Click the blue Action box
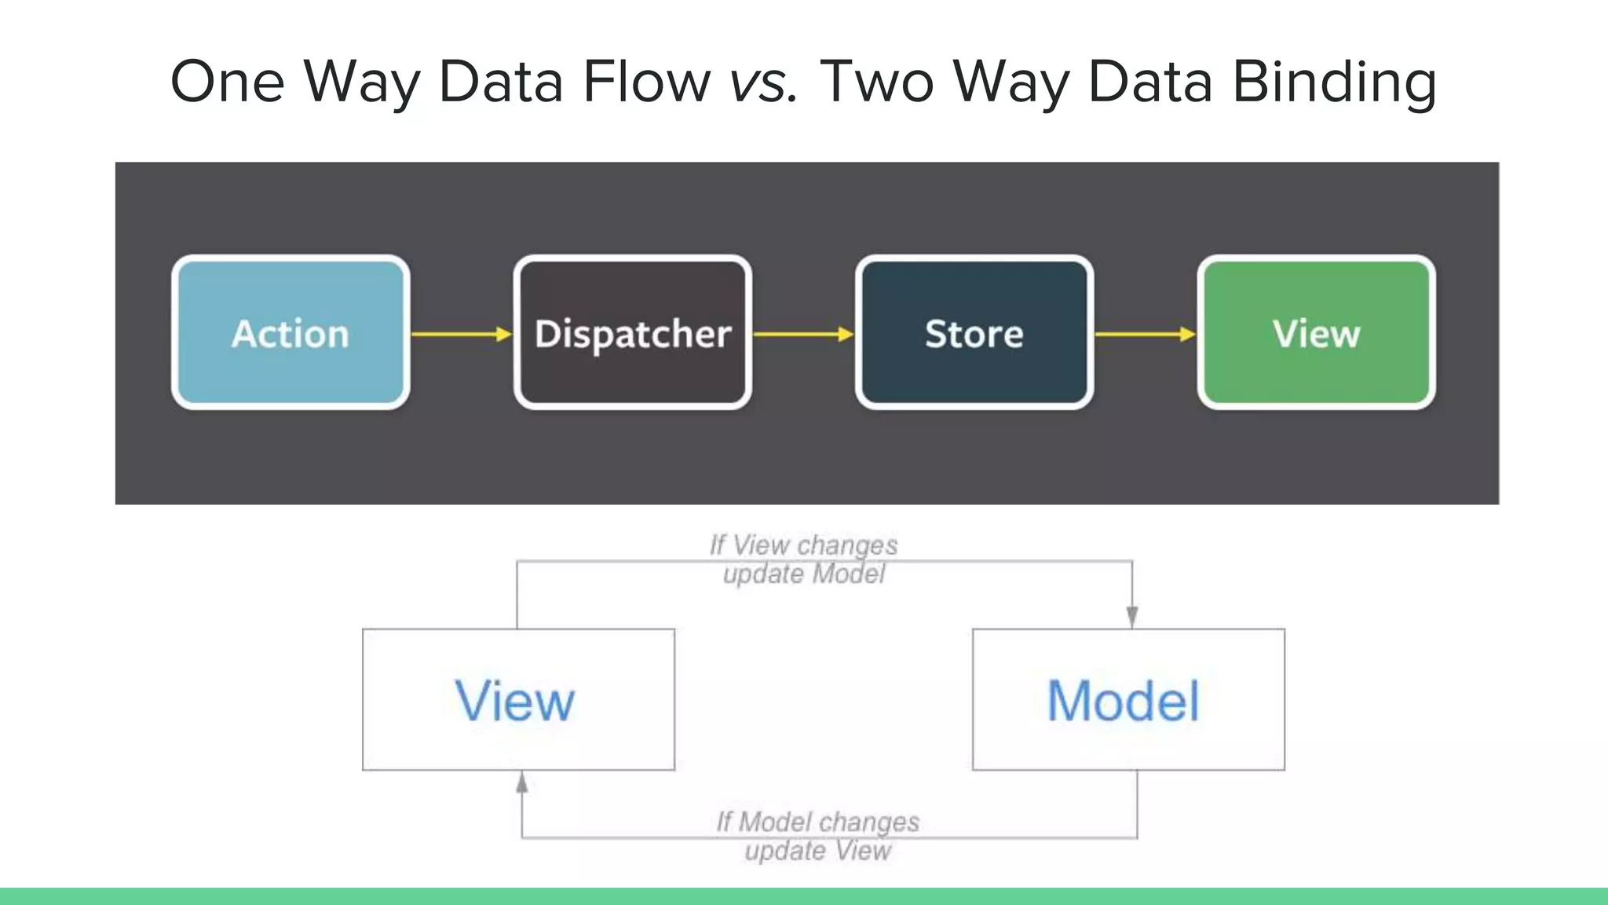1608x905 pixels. (291, 332)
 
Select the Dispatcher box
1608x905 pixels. (632, 332)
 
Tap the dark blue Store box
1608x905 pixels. (974, 332)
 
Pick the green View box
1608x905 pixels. (1316, 332)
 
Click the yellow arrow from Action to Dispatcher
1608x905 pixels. (461, 334)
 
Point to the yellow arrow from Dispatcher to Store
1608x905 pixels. (802, 334)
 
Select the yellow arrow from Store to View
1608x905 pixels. (1145, 334)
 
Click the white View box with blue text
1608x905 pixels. (518, 699)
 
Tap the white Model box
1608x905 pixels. (1128, 699)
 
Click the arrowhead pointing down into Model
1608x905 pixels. (1131, 617)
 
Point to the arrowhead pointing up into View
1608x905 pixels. (522, 782)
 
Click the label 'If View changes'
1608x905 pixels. (803, 544)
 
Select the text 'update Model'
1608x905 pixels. (803, 573)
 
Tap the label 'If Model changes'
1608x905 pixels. (817, 822)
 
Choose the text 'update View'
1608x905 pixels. (817, 851)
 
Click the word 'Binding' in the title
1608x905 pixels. (1334, 82)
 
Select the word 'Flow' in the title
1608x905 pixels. (646, 82)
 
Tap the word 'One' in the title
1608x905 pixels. (227, 82)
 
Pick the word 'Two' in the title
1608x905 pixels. (876, 82)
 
